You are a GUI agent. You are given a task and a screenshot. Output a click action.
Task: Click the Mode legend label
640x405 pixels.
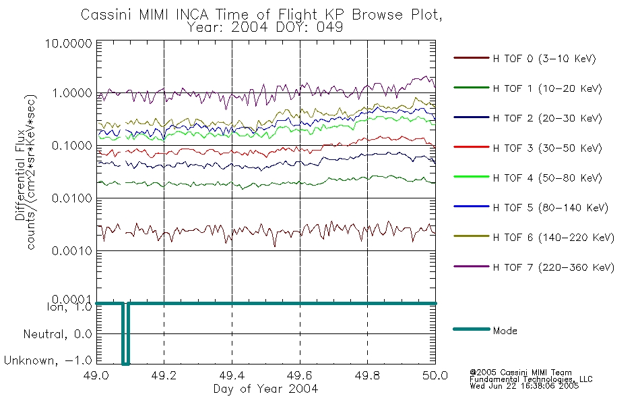coord(505,331)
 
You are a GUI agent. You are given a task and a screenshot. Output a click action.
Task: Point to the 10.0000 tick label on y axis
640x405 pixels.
coord(69,44)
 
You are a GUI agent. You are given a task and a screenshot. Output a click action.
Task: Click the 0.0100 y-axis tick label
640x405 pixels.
coord(72,198)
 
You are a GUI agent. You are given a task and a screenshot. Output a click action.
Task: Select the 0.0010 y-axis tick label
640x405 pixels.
coord(72,251)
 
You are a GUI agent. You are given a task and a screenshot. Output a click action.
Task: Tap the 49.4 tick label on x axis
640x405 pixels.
coord(232,375)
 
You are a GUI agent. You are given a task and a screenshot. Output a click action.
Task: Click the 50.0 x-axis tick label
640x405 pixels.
coord(435,375)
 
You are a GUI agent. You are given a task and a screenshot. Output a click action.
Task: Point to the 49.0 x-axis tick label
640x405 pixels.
coord(96,375)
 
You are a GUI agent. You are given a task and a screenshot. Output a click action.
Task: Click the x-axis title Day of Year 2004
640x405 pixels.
coord(265,389)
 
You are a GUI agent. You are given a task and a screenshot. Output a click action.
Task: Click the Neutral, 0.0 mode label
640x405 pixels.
coord(57,335)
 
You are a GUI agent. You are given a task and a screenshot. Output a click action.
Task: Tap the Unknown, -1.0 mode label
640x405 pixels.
coord(48,361)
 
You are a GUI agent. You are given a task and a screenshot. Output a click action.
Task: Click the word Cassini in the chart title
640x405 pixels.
coord(107,15)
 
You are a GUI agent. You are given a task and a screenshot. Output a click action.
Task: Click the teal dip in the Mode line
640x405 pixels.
coord(126,333)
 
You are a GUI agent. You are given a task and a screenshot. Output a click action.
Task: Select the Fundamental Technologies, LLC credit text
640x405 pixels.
coord(531,379)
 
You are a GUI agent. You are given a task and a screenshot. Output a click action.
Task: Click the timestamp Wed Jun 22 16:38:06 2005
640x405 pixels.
coord(524,386)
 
